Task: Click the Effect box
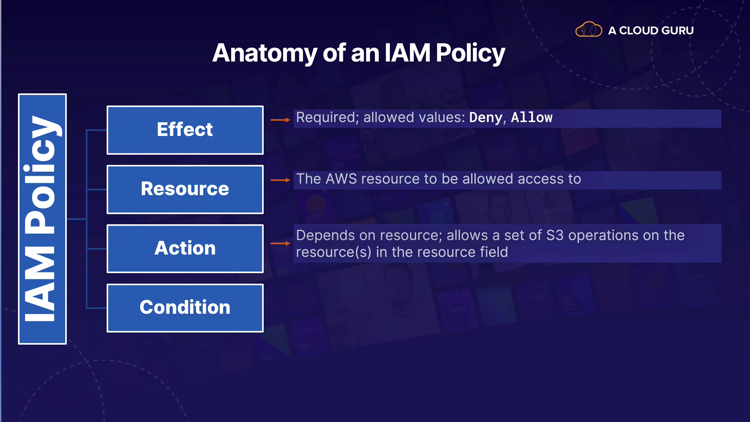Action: [x=185, y=130]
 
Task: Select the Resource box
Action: [x=185, y=190]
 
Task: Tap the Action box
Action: [x=185, y=249]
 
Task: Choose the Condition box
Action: [x=185, y=308]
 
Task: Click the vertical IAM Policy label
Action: [x=42, y=219]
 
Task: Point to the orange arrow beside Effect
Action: [x=280, y=120]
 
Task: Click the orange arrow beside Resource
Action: [x=280, y=180]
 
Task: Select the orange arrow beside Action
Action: [x=280, y=243]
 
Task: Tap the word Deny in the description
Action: [x=486, y=118]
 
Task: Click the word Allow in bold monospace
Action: [x=532, y=118]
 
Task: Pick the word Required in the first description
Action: [x=327, y=118]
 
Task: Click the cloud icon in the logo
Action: [x=589, y=29]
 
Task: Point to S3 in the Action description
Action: [x=555, y=236]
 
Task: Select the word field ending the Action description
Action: [x=494, y=252]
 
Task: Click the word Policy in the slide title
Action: [x=471, y=54]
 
